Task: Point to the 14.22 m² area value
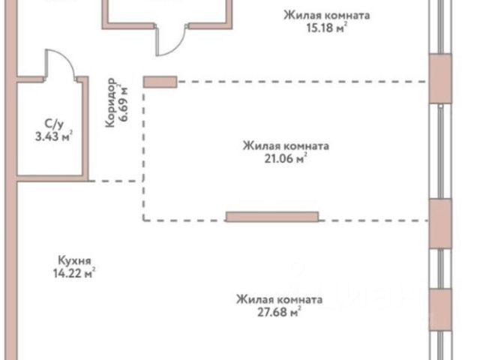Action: (77, 274)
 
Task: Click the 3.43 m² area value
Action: (53, 136)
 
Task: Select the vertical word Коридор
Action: (111, 103)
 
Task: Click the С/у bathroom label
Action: (54, 123)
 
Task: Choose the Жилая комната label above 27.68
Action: (280, 299)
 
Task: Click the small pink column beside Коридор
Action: (160, 80)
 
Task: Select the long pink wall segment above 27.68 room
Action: (271, 217)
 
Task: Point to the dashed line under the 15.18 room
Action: (300, 81)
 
